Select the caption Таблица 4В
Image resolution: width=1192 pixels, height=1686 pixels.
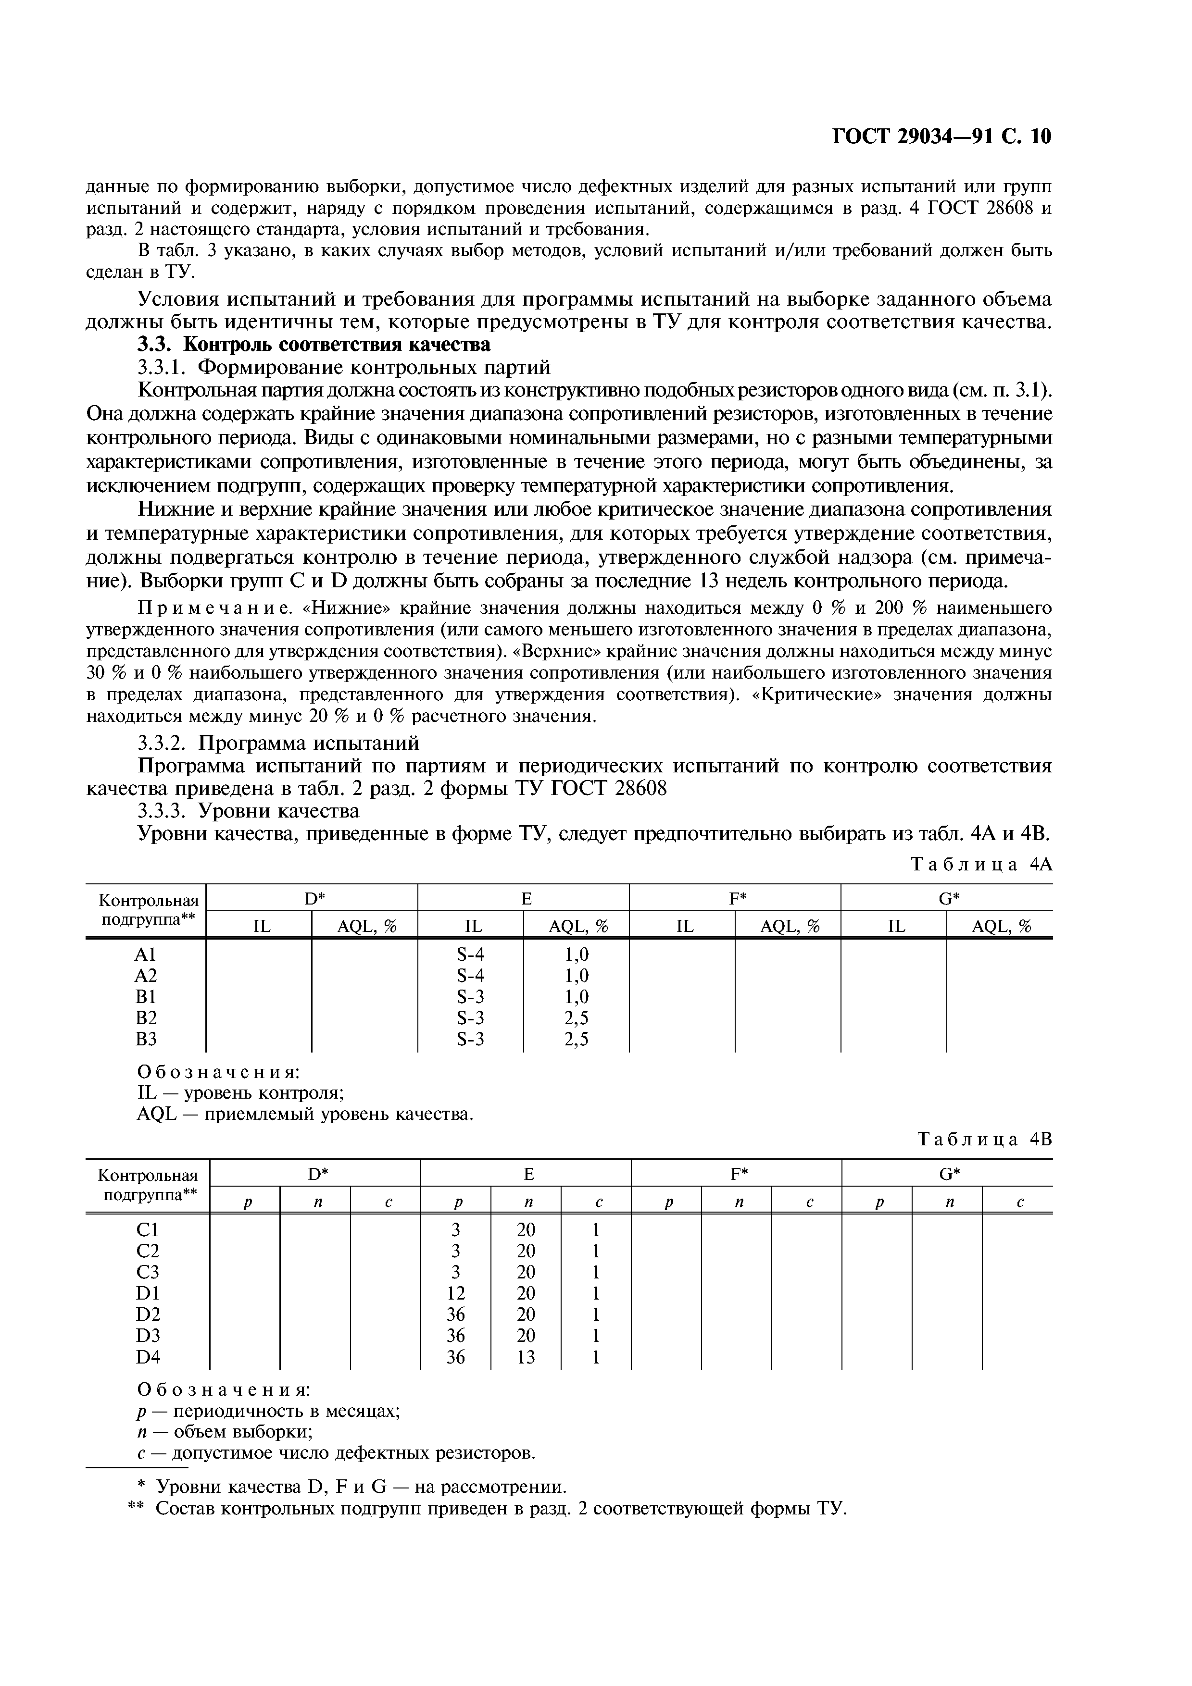click(984, 1139)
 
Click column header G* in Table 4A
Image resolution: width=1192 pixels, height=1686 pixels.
click(949, 898)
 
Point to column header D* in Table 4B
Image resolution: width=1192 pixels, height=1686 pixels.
click(316, 1174)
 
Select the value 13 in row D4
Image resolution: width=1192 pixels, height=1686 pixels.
click(526, 1357)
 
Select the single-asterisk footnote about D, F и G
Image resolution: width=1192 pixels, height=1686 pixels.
click(352, 1487)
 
